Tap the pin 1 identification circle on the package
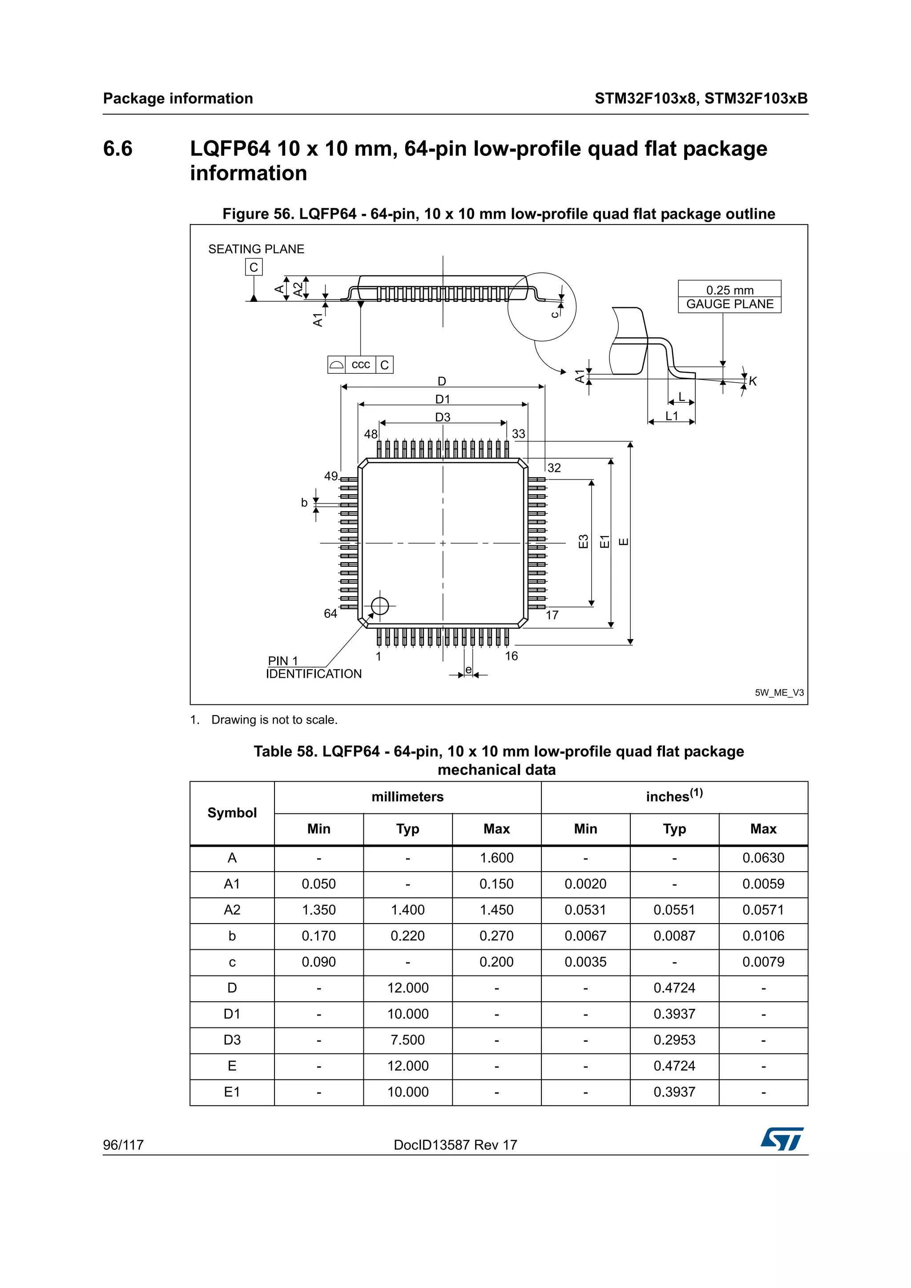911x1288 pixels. [x=380, y=606]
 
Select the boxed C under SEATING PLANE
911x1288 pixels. [x=254, y=267]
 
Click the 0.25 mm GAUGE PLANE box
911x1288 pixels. [x=729, y=297]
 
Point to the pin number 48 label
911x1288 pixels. [x=371, y=434]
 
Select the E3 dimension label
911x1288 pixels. [x=583, y=541]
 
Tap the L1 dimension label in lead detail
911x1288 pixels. [x=671, y=416]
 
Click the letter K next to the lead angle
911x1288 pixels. [x=753, y=381]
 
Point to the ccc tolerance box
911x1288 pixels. [x=360, y=364]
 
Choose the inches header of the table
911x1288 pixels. [x=673, y=796]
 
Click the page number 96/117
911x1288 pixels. [x=123, y=1145]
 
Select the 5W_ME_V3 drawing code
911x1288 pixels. [x=778, y=693]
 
